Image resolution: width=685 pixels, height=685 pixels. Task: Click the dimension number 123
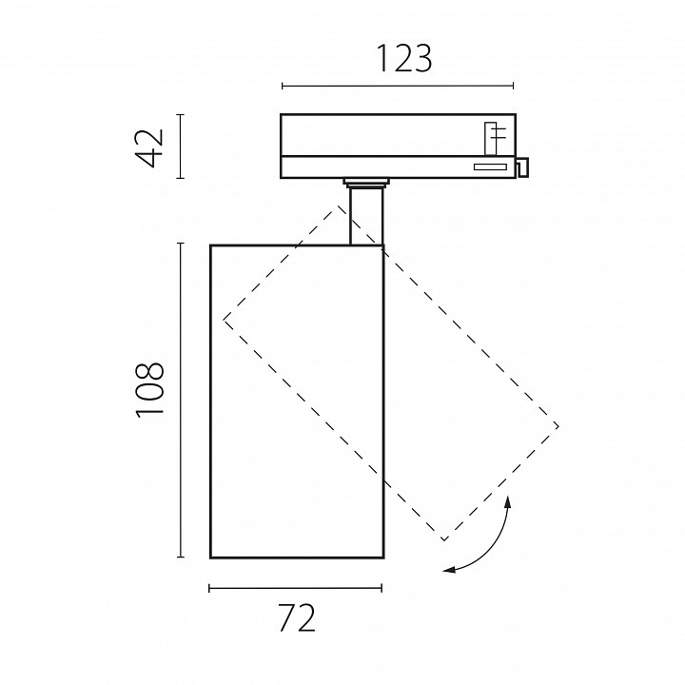coord(403,58)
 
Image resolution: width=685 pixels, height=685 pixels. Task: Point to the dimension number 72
coord(297,617)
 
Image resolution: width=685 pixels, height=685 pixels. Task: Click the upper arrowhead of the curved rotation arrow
coord(507,501)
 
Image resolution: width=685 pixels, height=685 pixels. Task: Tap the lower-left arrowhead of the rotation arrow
coord(449,569)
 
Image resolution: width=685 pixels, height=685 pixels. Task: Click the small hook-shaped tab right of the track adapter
coord(522,167)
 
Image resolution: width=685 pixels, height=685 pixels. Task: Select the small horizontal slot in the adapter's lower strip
coord(490,166)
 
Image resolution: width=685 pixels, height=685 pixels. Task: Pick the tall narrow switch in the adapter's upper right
coord(491,139)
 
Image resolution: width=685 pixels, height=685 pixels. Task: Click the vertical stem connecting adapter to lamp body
coord(366,216)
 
